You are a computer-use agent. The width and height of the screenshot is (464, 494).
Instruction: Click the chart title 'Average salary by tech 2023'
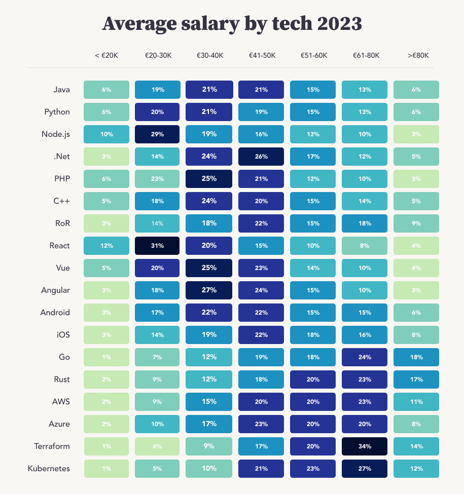232,24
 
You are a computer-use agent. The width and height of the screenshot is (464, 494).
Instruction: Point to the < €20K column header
106,55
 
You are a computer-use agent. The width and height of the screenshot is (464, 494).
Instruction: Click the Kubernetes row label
49,469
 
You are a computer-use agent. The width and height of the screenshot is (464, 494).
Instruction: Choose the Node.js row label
56,134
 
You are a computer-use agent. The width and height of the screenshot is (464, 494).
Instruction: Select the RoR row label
62,223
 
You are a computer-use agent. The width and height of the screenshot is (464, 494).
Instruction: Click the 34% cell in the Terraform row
365,446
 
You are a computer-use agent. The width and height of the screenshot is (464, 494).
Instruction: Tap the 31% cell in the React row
158,246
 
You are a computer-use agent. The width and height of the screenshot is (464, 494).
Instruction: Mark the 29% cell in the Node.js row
158,134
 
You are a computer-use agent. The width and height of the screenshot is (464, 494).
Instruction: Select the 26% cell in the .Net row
261,157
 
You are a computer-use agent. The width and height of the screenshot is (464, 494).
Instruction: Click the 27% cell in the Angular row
209,290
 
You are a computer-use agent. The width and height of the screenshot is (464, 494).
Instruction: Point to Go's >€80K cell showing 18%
416,357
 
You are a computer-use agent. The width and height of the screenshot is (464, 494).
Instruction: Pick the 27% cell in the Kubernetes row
365,469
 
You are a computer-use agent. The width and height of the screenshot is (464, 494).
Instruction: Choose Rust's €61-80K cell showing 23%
365,379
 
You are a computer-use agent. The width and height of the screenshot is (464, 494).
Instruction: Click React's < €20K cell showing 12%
106,246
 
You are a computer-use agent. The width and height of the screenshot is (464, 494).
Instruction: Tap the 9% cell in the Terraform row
209,446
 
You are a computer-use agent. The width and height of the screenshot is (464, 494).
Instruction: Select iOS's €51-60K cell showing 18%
313,335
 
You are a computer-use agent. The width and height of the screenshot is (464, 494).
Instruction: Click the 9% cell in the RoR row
416,223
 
